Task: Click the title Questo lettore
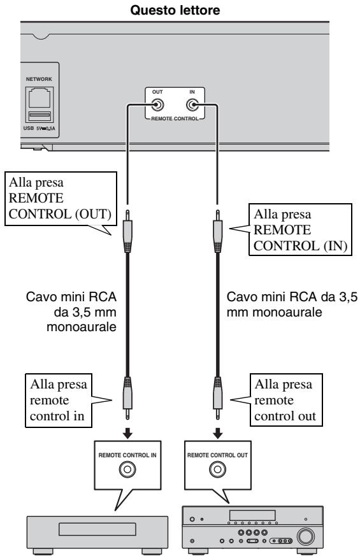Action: click(x=175, y=10)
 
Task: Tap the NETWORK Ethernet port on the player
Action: click(x=40, y=98)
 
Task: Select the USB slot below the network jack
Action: click(x=40, y=116)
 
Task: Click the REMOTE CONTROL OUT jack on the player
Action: click(x=157, y=105)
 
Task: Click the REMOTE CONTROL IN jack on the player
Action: click(x=192, y=105)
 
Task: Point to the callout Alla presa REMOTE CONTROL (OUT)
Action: click(x=61, y=199)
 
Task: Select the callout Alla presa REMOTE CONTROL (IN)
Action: click(x=300, y=229)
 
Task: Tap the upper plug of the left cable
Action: click(x=127, y=231)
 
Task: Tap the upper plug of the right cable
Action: click(x=218, y=231)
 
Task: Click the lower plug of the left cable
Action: click(x=127, y=398)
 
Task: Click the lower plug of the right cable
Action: click(x=218, y=398)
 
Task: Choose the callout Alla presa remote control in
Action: click(x=59, y=401)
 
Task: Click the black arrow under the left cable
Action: click(x=127, y=432)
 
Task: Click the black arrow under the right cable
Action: click(x=218, y=432)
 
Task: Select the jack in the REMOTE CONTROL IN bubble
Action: click(x=127, y=469)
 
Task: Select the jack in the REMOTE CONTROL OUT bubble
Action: click(x=217, y=469)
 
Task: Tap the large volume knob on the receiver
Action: click(x=305, y=536)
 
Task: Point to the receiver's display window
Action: click(x=252, y=515)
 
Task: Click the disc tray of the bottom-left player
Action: click(x=97, y=529)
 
